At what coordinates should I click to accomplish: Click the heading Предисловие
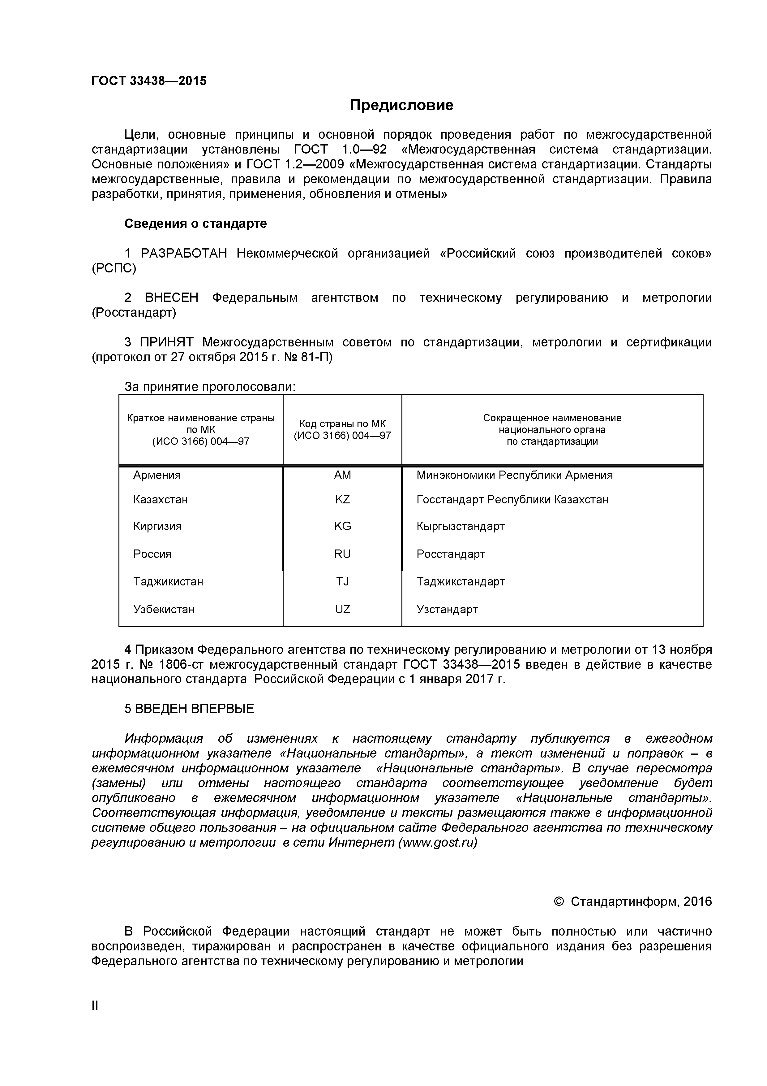[x=401, y=105]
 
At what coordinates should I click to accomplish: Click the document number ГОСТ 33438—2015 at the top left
[x=149, y=81]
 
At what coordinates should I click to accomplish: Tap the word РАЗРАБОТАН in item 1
[x=184, y=254]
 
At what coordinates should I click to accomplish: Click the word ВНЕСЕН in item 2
[x=172, y=298]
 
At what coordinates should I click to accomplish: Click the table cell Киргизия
[x=157, y=526]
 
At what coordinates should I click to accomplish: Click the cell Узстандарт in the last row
[x=447, y=609]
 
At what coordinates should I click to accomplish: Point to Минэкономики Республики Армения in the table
[x=514, y=475]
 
